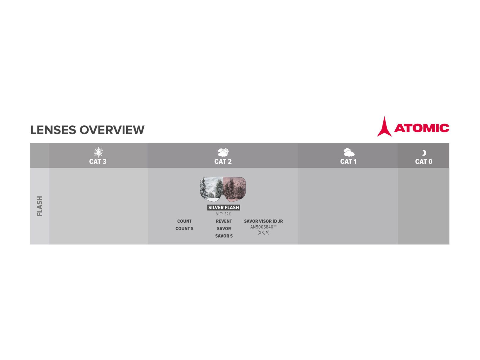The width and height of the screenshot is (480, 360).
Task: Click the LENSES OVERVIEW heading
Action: pos(87,130)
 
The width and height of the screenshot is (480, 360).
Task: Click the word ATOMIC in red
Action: pos(421,128)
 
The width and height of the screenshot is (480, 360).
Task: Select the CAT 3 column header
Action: pos(98,161)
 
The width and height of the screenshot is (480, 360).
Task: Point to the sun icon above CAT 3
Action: pos(98,152)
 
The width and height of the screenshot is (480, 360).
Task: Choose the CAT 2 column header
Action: pos(223,161)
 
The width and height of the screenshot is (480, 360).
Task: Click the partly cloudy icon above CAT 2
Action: pos(223,152)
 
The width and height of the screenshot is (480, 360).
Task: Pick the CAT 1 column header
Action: pos(348,161)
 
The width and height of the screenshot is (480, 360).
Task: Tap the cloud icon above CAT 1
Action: pos(349,152)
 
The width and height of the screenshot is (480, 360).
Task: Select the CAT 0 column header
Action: pos(424,161)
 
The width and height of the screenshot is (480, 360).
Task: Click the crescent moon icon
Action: pos(424,153)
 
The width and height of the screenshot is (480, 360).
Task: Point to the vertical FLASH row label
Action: pos(40,206)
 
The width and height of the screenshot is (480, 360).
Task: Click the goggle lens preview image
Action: pos(223,189)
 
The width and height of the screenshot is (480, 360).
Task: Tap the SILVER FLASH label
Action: pos(223,207)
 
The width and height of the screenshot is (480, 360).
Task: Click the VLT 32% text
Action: pos(223,214)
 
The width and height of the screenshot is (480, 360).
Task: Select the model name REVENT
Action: pos(224,221)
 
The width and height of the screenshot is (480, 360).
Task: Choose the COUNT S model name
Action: pos(184,229)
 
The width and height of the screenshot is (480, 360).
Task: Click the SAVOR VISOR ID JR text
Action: pos(263,221)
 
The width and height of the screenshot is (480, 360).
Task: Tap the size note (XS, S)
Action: pos(263,232)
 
